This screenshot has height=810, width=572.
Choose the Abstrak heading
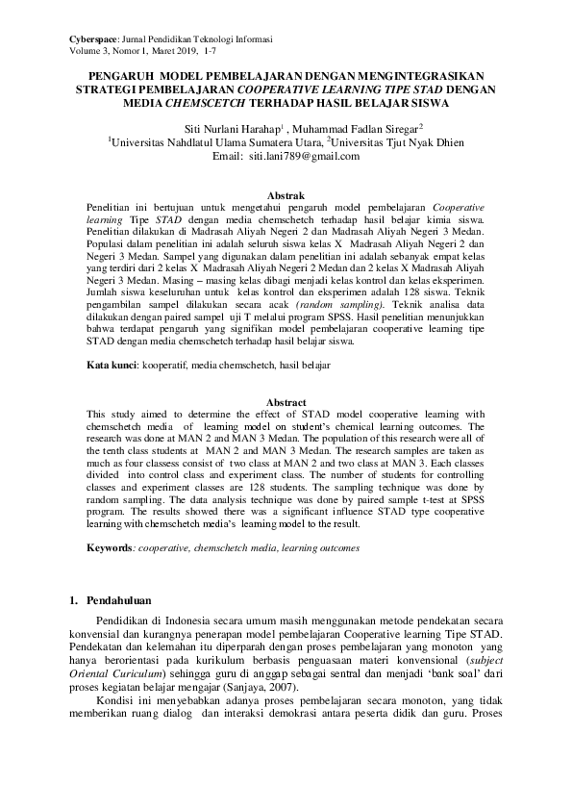tap(285, 195)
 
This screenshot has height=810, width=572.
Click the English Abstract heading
tap(285, 402)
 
